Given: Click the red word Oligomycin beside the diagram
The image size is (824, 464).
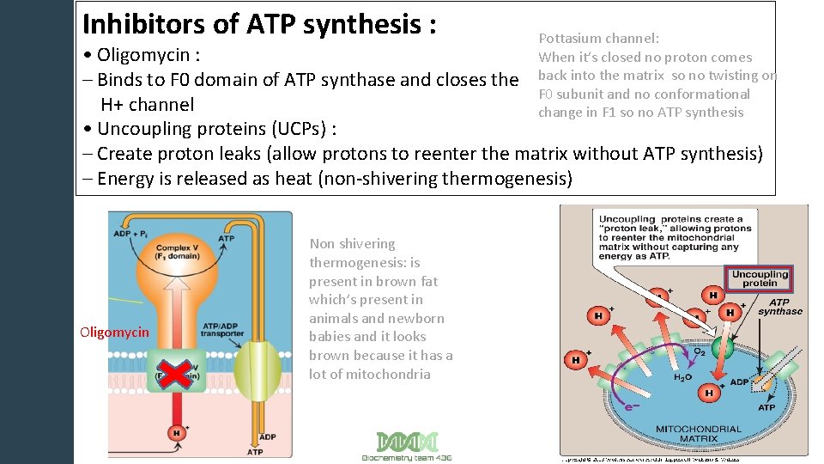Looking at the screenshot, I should pos(114,333).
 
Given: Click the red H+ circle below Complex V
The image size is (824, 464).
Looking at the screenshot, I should pos(178,432).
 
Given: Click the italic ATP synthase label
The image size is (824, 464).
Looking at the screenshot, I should pos(779,307).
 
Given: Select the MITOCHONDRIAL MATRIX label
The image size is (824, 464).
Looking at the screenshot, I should pos(698,434).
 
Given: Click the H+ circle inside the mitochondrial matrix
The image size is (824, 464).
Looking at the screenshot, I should pos(709,393).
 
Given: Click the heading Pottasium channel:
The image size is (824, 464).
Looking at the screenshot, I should pos(598,38).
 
